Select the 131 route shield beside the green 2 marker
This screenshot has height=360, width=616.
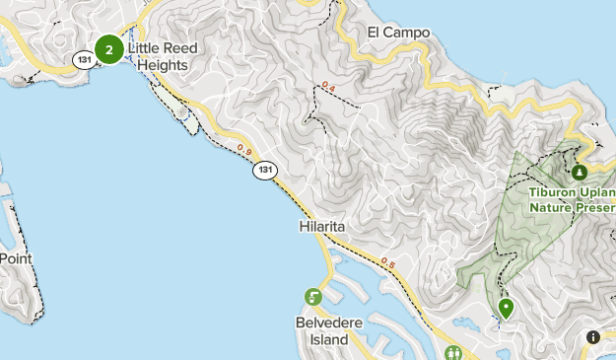pos(83,60)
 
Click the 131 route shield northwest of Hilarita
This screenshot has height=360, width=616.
pos(263,171)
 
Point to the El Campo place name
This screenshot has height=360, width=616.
pos(398,33)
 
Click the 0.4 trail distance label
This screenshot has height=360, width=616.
pos(328,89)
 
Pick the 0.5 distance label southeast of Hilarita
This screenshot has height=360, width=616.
pos(387,263)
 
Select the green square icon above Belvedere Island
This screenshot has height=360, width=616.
pos(313,297)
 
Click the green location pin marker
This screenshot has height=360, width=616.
pos(507,309)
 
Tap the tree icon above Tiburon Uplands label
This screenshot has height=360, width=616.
pos(579,173)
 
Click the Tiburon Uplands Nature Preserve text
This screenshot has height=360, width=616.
pos(572,200)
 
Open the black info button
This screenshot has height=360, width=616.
pos(593,337)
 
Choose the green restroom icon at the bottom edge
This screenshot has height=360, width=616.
pos(455,352)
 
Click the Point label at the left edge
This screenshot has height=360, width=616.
pos(16,258)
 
